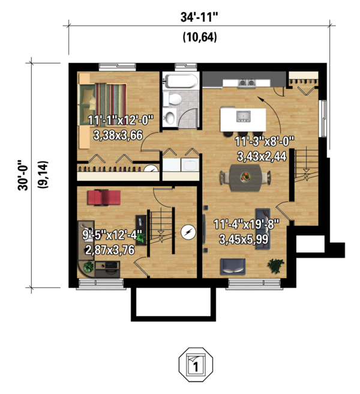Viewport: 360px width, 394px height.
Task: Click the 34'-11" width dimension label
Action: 199,17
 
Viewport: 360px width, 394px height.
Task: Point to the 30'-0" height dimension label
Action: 23,175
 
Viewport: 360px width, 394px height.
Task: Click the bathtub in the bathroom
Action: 181,80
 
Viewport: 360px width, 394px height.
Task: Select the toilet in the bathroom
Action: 173,99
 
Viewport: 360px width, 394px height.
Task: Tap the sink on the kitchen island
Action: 243,117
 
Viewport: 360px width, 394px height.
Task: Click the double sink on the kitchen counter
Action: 247,83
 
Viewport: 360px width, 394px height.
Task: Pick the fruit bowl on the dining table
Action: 245,177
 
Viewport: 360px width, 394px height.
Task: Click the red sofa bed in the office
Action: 104,198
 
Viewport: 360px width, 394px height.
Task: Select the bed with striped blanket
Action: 103,104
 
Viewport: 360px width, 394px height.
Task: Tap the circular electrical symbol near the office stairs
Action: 188,232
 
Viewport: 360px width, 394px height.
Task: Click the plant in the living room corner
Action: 275,266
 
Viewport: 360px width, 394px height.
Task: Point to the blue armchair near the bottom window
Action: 233,267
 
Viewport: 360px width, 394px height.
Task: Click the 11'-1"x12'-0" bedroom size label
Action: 121,121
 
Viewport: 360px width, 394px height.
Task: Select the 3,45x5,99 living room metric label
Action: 244,240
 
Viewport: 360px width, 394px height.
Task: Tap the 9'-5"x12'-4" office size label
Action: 112,235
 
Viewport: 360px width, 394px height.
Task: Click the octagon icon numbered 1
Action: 196,365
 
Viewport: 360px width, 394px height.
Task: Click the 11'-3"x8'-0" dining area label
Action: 265,142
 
